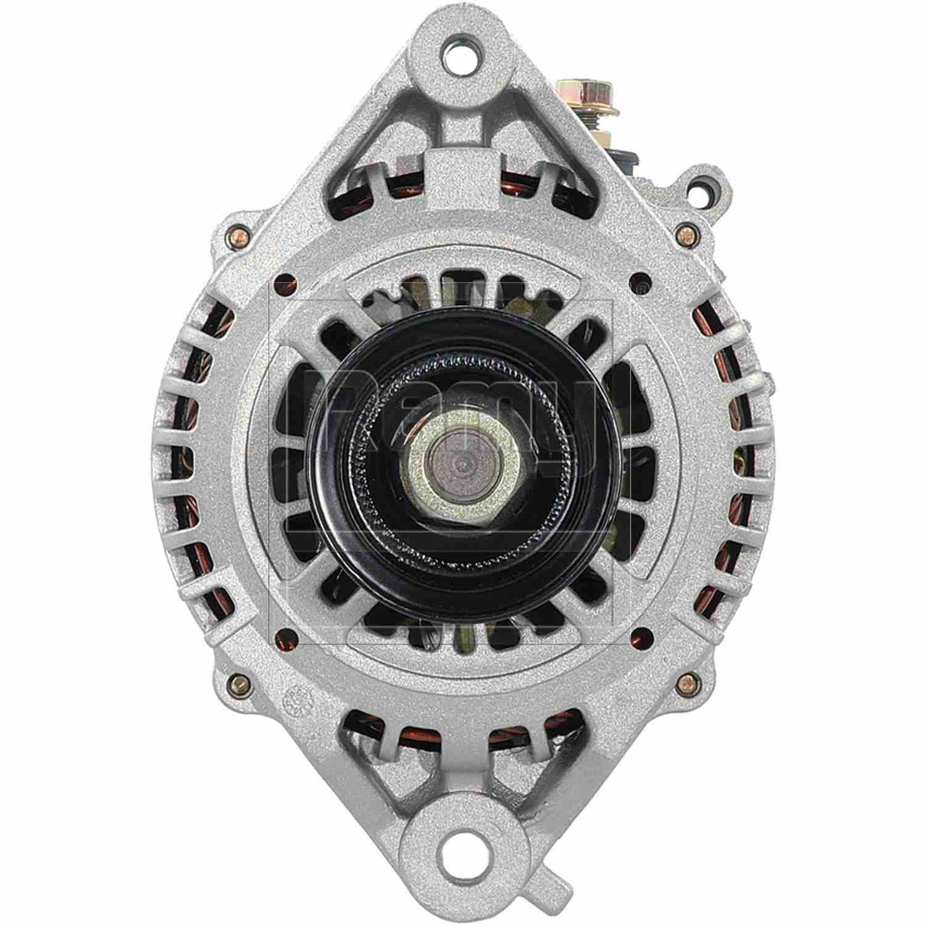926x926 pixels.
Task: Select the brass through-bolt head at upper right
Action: pyautogui.click(x=682, y=233)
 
